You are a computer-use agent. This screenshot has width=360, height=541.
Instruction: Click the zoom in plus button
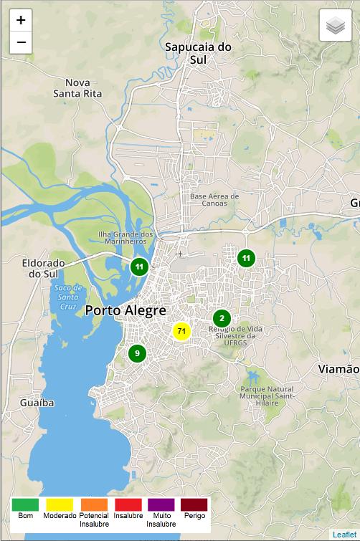coord(21,20)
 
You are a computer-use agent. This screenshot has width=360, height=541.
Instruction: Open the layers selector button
coord(335,27)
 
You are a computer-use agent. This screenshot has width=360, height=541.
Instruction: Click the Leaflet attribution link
coord(344,535)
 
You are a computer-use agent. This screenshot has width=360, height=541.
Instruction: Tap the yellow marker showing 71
coord(181,331)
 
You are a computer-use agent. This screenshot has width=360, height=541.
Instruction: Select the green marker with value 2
coord(222,318)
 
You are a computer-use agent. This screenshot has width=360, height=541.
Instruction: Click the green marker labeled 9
coord(137,353)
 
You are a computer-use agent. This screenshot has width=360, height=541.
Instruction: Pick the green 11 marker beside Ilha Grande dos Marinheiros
coord(139,267)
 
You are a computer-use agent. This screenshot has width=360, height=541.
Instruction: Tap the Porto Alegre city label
coord(125,311)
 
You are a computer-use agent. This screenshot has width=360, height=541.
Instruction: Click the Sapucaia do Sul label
coord(199,53)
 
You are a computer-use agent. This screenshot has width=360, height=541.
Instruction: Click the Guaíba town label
coord(37,403)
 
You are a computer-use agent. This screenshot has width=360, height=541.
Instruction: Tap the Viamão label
coord(338,369)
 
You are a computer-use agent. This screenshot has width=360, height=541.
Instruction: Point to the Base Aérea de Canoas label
coord(214,199)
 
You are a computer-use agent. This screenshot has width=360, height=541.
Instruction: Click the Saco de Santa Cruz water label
coord(68,297)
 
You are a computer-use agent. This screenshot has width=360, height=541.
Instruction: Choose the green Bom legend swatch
coord(25,504)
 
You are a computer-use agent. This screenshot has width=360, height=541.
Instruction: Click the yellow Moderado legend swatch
coord(60,504)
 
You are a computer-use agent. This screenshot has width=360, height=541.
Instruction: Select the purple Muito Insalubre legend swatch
coord(161,504)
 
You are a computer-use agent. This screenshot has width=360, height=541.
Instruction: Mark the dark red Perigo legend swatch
coord(194,504)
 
